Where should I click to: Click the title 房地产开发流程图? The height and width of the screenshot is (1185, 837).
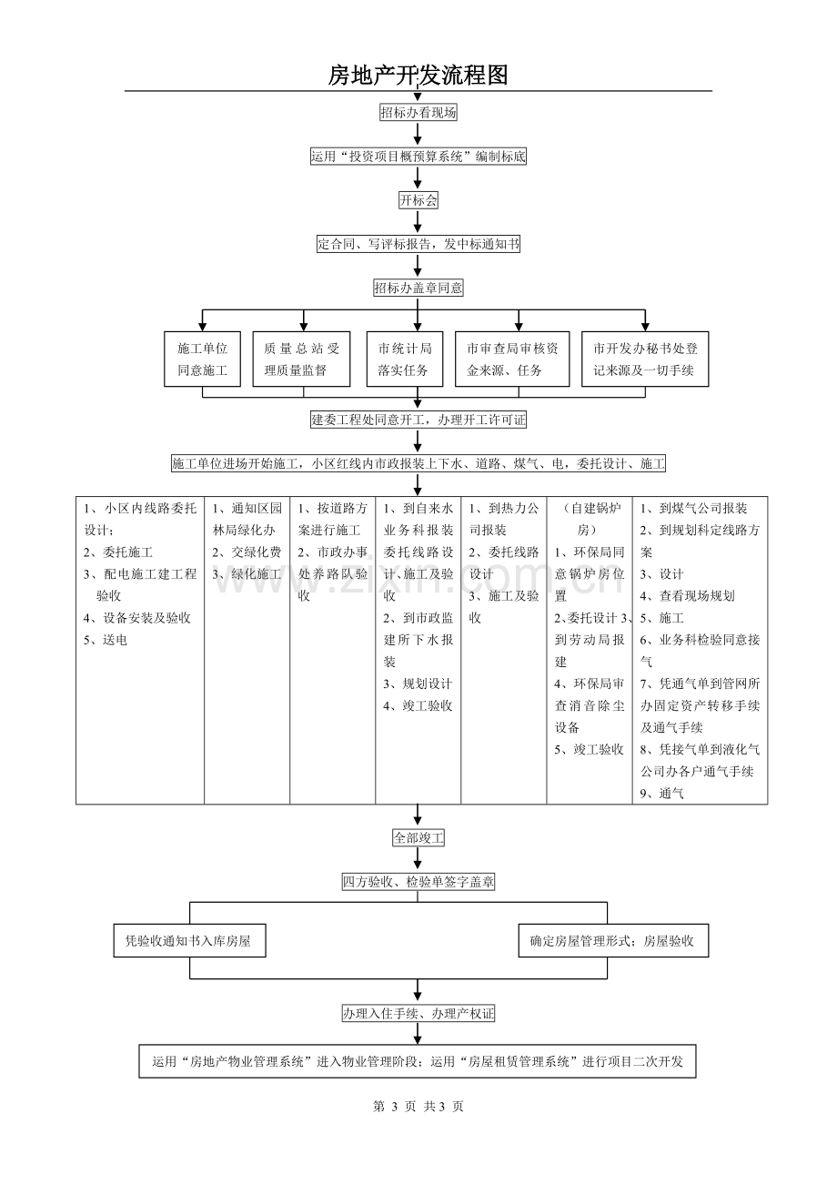(x=418, y=76)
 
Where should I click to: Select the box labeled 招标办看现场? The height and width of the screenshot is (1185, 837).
(x=418, y=112)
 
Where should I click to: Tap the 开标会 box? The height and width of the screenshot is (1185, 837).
(x=418, y=200)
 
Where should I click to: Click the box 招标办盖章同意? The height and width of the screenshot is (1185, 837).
(x=418, y=288)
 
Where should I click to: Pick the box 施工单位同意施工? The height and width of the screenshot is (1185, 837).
(x=203, y=360)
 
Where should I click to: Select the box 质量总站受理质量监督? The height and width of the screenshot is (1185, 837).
(x=301, y=360)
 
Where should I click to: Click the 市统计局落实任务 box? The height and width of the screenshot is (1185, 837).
(x=405, y=360)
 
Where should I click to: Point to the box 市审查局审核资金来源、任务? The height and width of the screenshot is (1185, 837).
(x=512, y=360)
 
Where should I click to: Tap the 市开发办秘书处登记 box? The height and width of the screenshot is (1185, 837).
(x=645, y=360)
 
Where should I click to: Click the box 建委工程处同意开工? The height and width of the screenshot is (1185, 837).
(x=418, y=420)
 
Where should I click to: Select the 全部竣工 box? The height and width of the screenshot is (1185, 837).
(x=418, y=838)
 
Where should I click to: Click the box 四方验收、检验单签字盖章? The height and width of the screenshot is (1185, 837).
(x=418, y=882)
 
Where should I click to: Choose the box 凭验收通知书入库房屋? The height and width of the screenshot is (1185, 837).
(x=190, y=940)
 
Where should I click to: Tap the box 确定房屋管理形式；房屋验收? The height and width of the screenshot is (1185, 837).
(x=613, y=940)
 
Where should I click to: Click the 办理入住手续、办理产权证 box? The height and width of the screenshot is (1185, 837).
(x=418, y=1014)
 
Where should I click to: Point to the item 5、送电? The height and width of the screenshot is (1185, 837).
(x=106, y=640)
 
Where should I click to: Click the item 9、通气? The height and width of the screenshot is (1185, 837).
(x=662, y=794)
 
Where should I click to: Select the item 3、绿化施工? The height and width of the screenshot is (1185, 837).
(x=247, y=574)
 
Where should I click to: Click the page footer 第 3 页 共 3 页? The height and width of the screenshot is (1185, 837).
(x=418, y=1106)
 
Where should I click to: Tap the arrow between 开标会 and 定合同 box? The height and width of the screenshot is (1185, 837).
(x=418, y=222)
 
